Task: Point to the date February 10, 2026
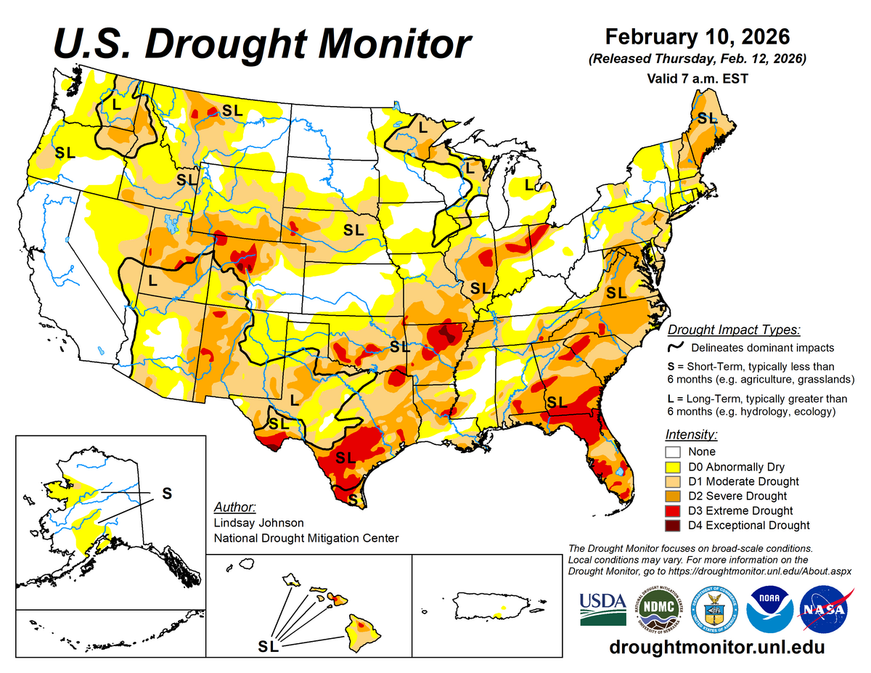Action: [x=697, y=36]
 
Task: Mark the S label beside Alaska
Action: [x=166, y=493]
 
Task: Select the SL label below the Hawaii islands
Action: [x=269, y=645]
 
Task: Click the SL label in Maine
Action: [x=706, y=117]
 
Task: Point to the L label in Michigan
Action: [x=529, y=184]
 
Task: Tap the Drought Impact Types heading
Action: [x=734, y=330]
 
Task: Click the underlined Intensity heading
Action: [x=691, y=435]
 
